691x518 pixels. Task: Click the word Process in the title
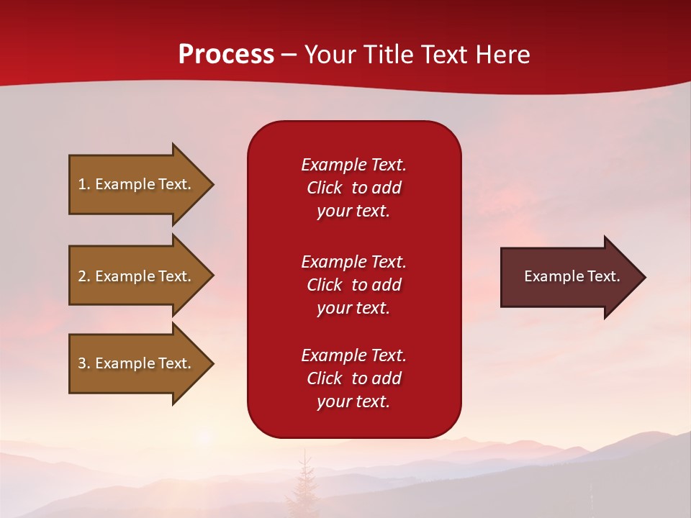coord(226,54)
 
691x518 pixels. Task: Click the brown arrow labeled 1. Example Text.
coord(142,185)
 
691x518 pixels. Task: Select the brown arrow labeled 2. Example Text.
coord(142,276)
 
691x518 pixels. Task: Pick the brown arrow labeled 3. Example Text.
coord(142,364)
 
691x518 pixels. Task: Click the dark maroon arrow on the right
coord(574,277)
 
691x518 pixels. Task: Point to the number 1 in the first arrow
coord(82,184)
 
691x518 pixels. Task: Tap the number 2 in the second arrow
coord(82,276)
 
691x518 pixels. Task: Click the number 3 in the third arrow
coord(82,363)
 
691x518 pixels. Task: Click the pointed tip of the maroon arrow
coord(646,277)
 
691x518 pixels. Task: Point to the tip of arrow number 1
coord(214,185)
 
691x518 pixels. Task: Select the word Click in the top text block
coord(325,188)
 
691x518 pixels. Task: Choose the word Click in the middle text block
coord(325,285)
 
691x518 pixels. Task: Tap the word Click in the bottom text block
coord(325,378)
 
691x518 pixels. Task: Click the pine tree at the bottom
coord(304,484)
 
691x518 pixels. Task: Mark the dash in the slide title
coord(289,55)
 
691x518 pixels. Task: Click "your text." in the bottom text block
coord(353,401)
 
